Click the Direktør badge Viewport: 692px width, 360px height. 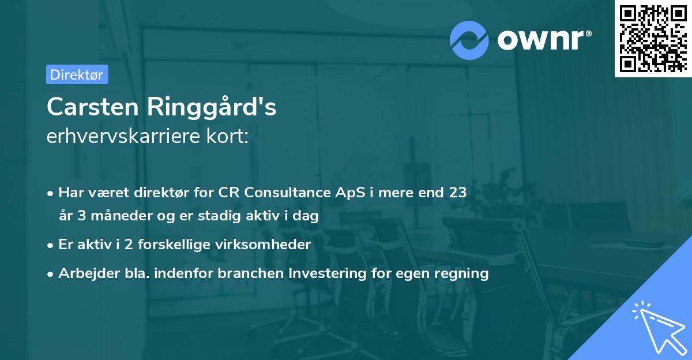click(77, 74)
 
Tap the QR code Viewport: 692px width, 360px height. click(652, 39)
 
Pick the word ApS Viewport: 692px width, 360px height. click(345, 193)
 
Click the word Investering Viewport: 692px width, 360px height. click(330, 273)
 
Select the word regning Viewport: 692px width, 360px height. click(465, 273)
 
